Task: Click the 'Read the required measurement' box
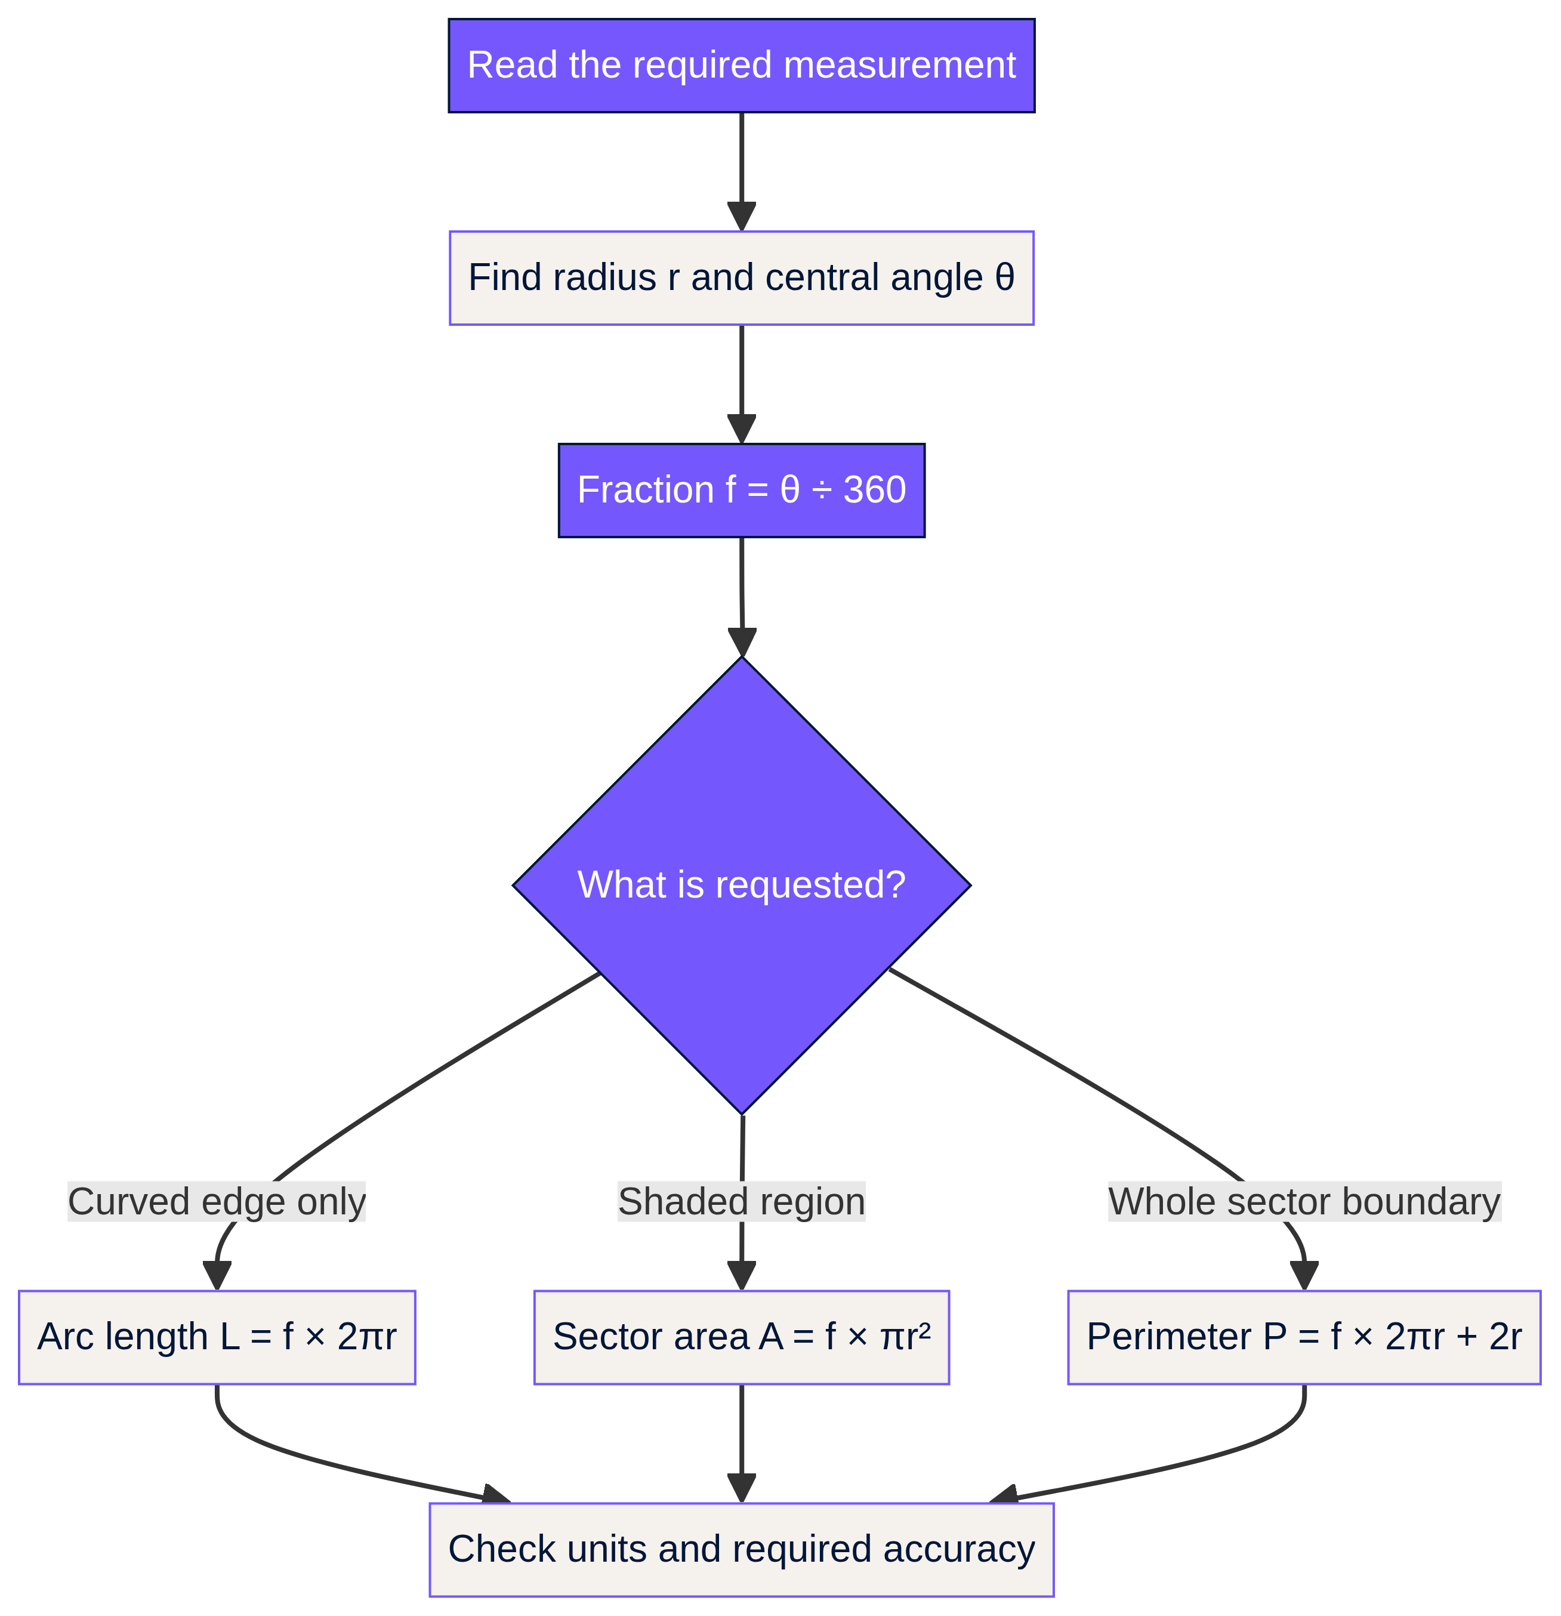pos(741,65)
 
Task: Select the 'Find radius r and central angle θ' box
pos(741,278)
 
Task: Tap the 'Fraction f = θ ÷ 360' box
pos(741,491)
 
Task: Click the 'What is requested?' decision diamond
pos(741,886)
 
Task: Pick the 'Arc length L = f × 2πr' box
pos(217,1337)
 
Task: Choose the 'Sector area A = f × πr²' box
pos(741,1337)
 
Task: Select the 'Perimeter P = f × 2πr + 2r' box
pos(1304,1337)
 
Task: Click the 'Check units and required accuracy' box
pos(741,1550)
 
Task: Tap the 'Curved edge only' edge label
pos(217,1202)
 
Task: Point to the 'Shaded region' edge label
pos(741,1202)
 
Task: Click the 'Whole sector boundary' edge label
pos(1304,1202)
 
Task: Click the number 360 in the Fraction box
pos(875,491)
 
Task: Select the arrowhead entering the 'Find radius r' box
pos(741,217)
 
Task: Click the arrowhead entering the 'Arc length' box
pos(217,1276)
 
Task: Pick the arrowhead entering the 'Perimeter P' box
pos(1304,1276)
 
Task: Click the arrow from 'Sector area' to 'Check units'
pos(741,1444)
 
